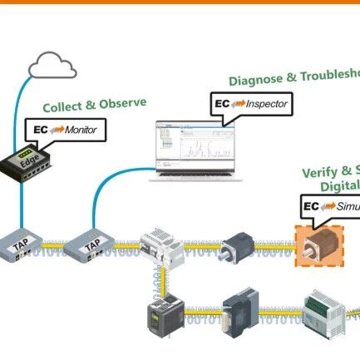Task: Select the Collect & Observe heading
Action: (x=95, y=106)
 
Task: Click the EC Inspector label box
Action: (x=242, y=104)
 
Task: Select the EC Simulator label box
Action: (x=329, y=205)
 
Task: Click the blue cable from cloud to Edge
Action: (x=27, y=108)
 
